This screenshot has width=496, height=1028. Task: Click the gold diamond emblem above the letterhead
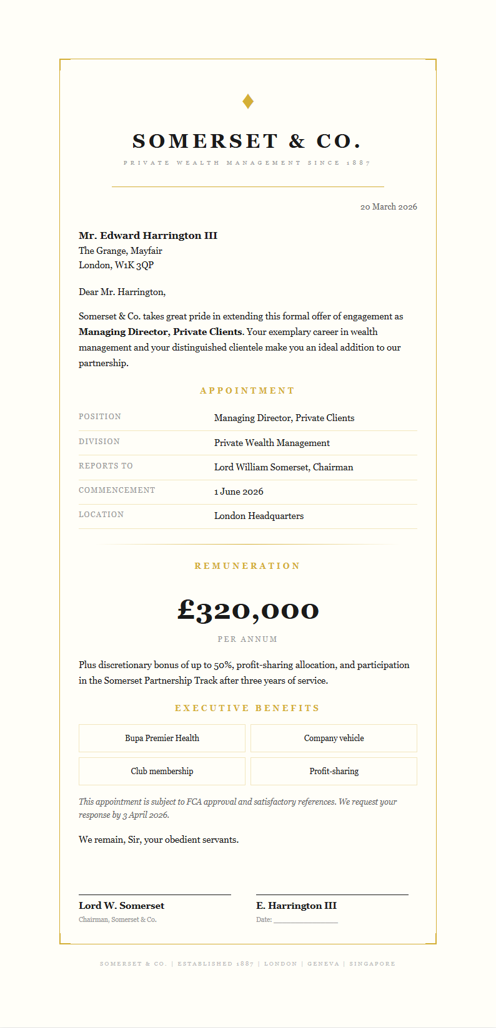pos(248,101)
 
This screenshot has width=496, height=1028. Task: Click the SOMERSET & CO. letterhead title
pos(247,141)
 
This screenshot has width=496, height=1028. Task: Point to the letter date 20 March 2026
pos(389,206)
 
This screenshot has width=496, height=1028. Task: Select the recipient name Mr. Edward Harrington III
pos(148,235)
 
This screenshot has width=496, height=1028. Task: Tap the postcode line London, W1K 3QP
pos(116,265)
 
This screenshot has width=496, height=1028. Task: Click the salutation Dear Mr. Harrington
pos(122,292)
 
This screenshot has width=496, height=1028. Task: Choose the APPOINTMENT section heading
pos(247,390)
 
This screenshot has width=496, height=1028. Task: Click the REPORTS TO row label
pos(106,466)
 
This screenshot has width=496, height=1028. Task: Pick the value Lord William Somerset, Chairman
pos(284,467)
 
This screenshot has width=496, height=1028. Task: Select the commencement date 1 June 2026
pos(239,492)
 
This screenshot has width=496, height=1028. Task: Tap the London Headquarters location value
pos(259,516)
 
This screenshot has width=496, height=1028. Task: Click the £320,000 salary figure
pos(248,609)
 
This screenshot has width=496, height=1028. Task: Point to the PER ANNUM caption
pos(247,639)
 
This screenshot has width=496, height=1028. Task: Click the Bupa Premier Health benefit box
pos(162,738)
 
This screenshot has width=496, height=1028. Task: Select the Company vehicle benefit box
pos(334,738)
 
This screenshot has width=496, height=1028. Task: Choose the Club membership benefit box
pos(162,771)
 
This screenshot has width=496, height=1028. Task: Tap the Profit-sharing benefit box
pos(334,771)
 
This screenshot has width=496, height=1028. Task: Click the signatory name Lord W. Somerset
pos(122,906)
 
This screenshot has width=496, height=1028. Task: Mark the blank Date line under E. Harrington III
pos(305,921)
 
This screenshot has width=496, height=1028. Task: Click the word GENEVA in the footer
pos(323,964)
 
